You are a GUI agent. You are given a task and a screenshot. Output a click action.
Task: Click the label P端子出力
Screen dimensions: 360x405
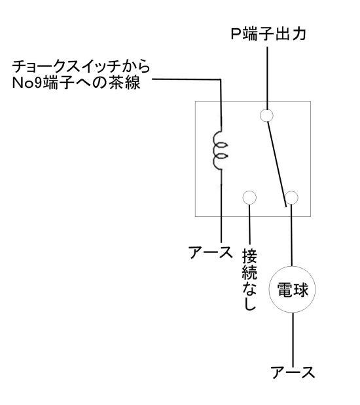coord(268,34)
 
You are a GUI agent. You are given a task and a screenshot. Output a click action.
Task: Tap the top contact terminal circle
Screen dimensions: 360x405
coord(266,115)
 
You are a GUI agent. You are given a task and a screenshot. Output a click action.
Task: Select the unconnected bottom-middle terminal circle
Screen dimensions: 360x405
coord(249,198)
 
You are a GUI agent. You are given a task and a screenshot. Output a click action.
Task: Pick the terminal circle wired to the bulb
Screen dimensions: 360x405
coord(292,198)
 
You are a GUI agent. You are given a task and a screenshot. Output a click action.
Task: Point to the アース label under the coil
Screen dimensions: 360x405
coord(210,252)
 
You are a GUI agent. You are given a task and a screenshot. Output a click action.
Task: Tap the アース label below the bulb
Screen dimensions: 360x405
coord(293,373)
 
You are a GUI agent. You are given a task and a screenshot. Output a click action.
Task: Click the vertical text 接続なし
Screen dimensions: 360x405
coord(249,279)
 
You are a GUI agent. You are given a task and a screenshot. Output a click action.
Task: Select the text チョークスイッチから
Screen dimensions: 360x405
coord(81,67)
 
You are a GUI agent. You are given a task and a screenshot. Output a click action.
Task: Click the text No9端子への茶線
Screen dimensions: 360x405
coord(77,83)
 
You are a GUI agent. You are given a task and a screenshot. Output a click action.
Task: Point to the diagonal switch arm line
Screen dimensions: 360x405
coord(277,164)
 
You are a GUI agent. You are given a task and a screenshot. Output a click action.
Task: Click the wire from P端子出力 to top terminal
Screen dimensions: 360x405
coord(267,78)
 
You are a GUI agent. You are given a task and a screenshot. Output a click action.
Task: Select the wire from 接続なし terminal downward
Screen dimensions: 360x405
coord(249,224)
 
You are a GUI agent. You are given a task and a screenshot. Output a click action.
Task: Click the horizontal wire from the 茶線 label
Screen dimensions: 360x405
coord(187,79)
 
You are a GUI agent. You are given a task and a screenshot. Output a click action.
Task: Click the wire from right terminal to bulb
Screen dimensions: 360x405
coord(292,235)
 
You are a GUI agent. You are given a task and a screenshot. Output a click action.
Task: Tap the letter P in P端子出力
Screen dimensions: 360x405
coord(235,34)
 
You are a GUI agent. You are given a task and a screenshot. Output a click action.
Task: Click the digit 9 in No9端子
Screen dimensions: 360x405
coord(38,83)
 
